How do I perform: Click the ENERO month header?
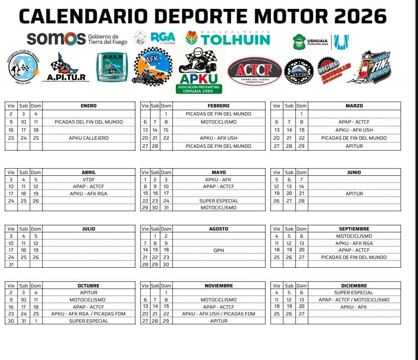click(x=88, y=106)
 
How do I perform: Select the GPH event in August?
click(x=218, y=250)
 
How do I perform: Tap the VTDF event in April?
click(x=88, y=180)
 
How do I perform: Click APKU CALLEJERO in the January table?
click(x=88, y=138)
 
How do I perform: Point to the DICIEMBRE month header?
click(x=354, y=286)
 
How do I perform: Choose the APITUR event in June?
click(x=354, y=194)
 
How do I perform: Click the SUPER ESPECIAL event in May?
click(x=218, y=201)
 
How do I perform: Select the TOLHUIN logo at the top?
click(x=228, y=39)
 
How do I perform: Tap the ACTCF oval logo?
click(x=254, y=70)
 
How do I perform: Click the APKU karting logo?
click(x=198, y=70)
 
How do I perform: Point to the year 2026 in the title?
click(x=360, y=16)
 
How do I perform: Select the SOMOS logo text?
click(x=56, y=39)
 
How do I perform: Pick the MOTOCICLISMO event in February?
click(x=218, y=122)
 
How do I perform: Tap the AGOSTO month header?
click(x=218, y=229)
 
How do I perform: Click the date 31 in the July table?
click(x=11, y=264)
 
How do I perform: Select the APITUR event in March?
click(x=354, y=146)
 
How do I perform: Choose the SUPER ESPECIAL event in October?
click(x=88, y=321)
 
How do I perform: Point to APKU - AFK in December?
click(x=354, y=307)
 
